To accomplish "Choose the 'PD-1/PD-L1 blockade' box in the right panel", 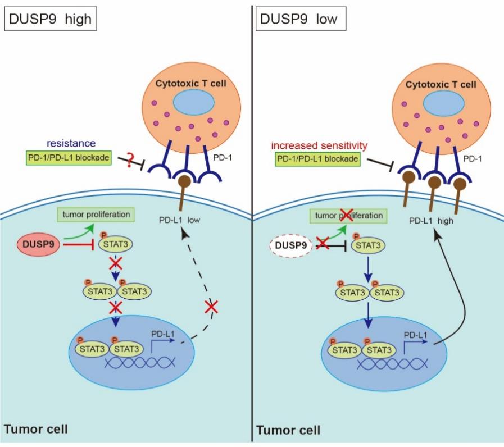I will [317, 159].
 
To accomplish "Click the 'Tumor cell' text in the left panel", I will [36, 430].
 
